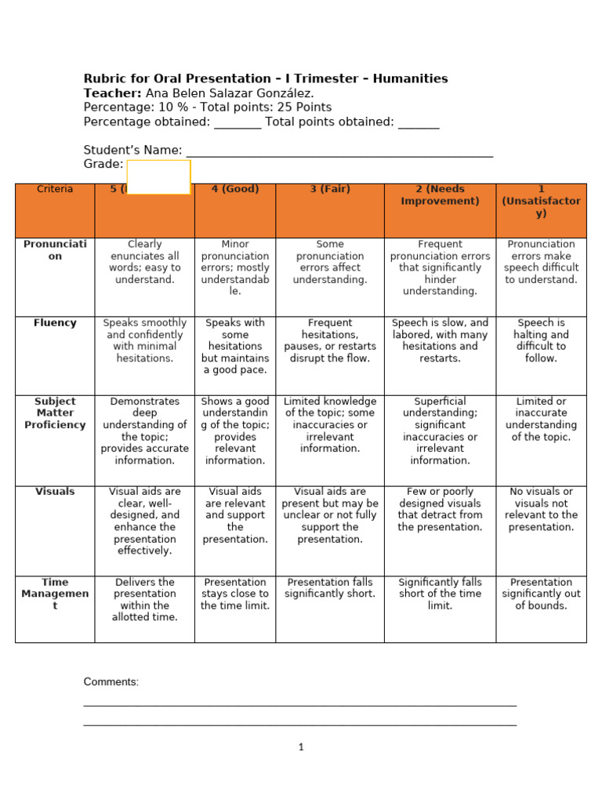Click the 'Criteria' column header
(55, 189)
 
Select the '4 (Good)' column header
(235, 189)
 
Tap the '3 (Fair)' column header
(330, 189)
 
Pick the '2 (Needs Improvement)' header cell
(440, 195)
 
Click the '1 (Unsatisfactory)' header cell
(541, 201)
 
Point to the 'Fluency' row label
(55, 323)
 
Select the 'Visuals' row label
(55, 492)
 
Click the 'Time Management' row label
(55, 594)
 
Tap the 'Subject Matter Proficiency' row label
(55, 413)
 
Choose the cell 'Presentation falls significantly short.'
(330, 588)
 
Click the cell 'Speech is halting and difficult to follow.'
(541, 340)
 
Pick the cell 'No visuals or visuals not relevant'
(541, 510)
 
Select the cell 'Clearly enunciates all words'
(144, 262)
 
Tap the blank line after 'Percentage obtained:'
(238, 123)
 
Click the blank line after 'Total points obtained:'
(419, 123)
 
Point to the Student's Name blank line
(339, 151)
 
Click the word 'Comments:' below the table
(111, 682)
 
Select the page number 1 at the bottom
(301, 747)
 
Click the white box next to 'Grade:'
(158, 176)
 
